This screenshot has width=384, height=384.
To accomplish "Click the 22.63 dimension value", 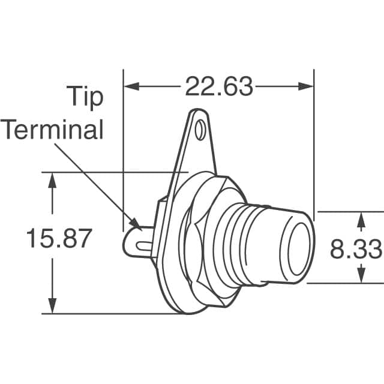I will tap(218, 87).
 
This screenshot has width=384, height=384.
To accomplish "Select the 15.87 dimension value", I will tap(59, 239).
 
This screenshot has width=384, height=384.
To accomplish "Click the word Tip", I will tap(84, 97).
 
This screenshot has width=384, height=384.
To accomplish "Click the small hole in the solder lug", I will tap(200, 128).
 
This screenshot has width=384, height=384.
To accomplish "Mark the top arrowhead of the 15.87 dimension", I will tap(53, 179).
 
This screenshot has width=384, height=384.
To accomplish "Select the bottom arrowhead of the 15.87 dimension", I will tap(53, 306).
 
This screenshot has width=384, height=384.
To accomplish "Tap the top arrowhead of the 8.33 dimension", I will tap(360, 219).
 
